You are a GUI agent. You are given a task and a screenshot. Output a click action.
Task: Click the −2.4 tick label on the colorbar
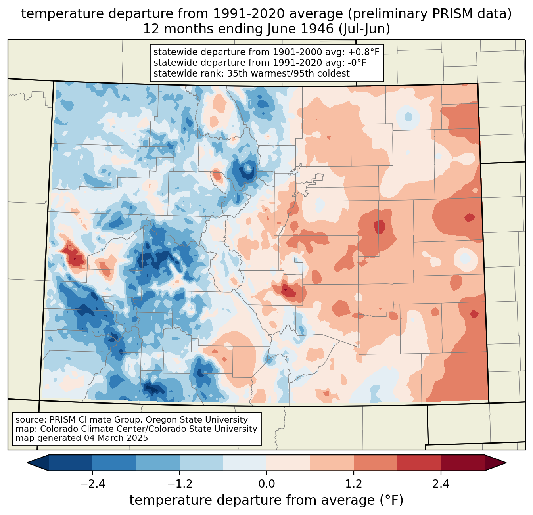pos(92,484)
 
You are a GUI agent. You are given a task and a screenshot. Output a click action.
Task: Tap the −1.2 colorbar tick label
pos(180,484)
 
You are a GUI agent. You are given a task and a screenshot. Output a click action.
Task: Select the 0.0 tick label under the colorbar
pos(266,484)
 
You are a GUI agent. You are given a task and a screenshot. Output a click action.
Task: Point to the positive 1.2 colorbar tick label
pos(354,484)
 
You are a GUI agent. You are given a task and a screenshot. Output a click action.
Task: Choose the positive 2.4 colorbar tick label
pos(441,484)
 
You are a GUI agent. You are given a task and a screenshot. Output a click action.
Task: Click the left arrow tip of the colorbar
pos(27,463)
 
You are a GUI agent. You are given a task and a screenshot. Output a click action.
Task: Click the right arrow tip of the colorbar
pos(506,463)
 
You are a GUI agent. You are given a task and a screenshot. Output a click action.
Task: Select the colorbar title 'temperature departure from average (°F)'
pos(266,500)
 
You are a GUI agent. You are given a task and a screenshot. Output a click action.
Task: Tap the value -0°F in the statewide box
pos(355,63)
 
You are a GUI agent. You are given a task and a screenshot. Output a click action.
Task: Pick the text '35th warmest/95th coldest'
pos(288,73)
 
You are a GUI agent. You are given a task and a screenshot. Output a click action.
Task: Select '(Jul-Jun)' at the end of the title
pos(364,29)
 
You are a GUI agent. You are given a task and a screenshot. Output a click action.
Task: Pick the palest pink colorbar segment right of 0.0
pos(288,463)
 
